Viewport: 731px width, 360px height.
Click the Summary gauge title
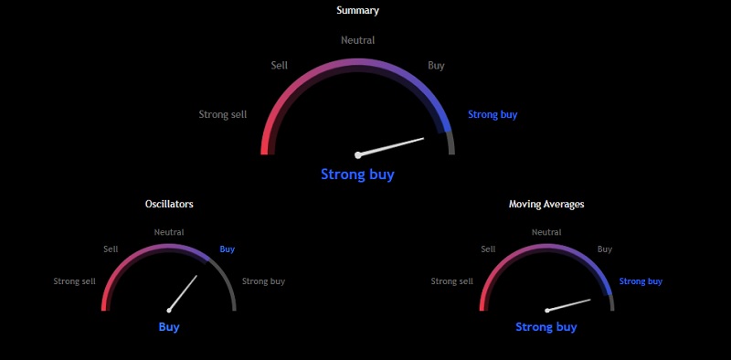coord(357,11)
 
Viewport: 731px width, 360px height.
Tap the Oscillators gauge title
coord(169,204)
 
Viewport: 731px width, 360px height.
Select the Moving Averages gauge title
coord(546,204)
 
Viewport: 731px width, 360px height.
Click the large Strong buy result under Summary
coord(357,175)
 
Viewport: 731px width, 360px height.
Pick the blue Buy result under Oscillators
coord(169,327)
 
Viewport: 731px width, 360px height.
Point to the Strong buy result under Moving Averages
coord(546,327)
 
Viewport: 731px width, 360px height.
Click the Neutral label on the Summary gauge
coord(357,40)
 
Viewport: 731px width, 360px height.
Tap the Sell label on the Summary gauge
coord(280,66)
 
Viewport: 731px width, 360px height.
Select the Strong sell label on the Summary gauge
coord(223,115)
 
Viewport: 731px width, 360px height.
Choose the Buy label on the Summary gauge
coord(437,66)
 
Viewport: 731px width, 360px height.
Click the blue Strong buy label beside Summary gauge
coord(493,115)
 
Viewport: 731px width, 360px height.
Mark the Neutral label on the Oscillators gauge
coord(169,232)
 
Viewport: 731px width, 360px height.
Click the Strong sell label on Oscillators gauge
coord(75,281)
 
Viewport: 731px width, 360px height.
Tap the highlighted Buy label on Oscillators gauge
coord(228,249)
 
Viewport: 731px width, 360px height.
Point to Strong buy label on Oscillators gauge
coord(263,281)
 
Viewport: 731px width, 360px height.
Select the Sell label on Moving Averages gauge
coord(488,249)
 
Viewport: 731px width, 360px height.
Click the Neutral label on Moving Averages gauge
coord(546,232)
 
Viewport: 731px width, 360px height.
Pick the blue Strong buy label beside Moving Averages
coord(641,281)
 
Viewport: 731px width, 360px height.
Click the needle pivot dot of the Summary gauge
coord(358,155)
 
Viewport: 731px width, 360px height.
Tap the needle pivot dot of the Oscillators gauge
coord(169,311)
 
